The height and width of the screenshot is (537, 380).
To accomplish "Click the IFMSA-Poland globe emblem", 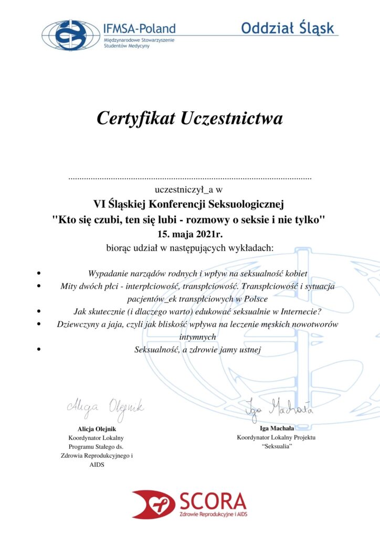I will click(70, 35).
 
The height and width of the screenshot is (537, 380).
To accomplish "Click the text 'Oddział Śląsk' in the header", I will click(287, 28).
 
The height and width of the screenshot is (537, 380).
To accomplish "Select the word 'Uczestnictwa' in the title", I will click(231, 118).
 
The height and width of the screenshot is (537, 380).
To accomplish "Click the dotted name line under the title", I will click(190, 179).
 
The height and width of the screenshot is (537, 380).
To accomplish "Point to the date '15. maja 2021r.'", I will click(189, 233).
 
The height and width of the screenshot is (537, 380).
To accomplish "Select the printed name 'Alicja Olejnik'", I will click(97, 428).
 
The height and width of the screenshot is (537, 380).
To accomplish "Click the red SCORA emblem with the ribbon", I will click(153, 503).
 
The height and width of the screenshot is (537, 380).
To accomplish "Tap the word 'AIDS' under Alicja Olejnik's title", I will click(97, 465).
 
